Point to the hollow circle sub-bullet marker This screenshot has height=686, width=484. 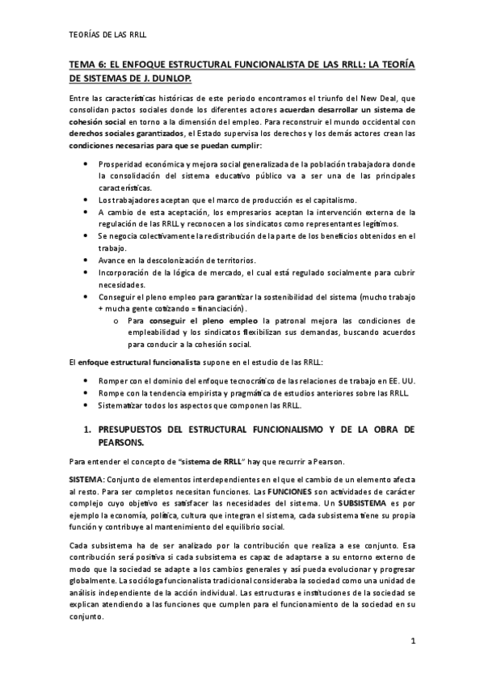tap(117, 321)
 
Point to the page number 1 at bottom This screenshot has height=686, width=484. tap(413, 642)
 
